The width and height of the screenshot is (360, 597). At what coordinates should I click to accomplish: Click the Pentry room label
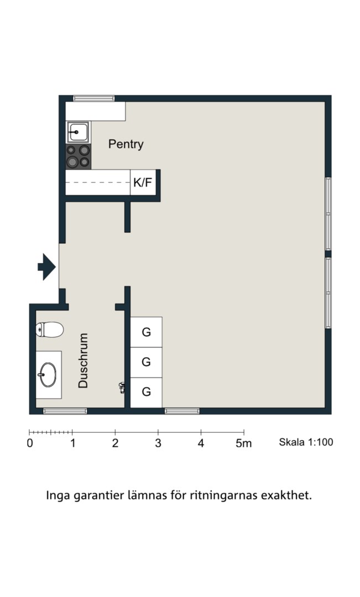coord(126,144)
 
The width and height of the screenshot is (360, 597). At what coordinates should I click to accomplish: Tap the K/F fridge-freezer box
coord(143,182)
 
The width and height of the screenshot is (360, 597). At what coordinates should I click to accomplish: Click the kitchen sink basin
coord(78,132)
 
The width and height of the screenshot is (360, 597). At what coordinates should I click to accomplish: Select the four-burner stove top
coord(78,156)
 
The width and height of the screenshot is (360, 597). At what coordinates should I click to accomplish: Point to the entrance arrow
coord(47,267)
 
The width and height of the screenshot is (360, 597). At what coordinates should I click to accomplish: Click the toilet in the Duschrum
coord(50,329)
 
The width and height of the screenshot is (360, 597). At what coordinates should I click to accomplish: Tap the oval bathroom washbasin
coord(48,375)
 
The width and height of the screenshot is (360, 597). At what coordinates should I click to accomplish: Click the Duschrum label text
coord(83,360)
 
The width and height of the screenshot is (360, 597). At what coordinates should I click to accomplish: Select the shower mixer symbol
coord(122,387)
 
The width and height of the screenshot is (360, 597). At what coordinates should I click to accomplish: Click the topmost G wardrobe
coord(147,332)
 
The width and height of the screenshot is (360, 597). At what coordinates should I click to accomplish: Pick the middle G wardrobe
coord(147,362)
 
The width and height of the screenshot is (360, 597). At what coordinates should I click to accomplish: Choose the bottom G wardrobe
coord(147,392)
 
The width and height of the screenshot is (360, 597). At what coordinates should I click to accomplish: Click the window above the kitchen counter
coord(93,98)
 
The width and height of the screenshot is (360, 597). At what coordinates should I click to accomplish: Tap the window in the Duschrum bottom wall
coord(65,411)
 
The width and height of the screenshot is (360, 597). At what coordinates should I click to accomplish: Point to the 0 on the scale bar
coord(30,443)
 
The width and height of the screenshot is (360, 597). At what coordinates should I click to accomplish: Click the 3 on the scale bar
coord(158,443)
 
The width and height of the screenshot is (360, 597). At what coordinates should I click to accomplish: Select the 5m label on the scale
coord(243,443)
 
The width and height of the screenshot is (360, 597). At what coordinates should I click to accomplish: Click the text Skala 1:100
coord(306,442)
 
